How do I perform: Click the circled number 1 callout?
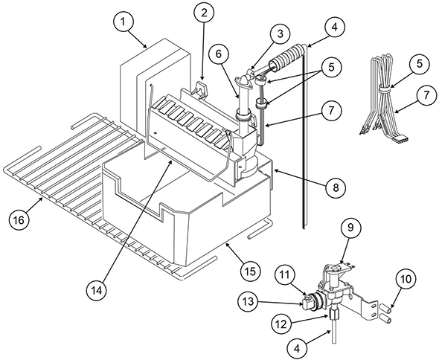pos(123,22)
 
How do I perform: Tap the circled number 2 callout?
pos(204,13)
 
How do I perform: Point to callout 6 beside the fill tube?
pos(219,54)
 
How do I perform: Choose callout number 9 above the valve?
pos(350,228)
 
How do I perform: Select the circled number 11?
pos(285,275)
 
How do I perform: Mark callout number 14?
pos(97,291)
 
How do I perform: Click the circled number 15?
pos(250,271)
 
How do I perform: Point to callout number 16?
pos(19,219)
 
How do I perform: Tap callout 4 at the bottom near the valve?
pos(297,349)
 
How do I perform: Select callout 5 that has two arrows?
pos(332,68)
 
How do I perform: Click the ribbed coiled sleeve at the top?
pos(288,57)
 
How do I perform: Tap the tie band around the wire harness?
pos(385,89)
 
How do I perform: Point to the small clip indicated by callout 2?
pos(201,89)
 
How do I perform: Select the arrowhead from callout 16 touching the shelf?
pos(41,199)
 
